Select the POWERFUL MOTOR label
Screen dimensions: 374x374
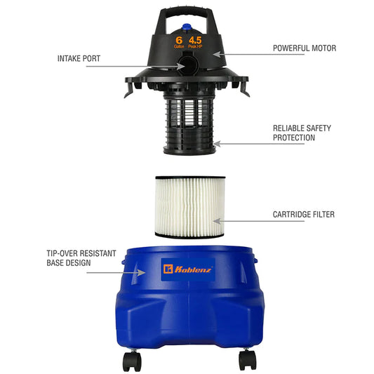coord(304,48)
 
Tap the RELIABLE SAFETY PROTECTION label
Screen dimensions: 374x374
coord(302,133)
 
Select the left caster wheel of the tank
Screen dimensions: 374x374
coord(131,361)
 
